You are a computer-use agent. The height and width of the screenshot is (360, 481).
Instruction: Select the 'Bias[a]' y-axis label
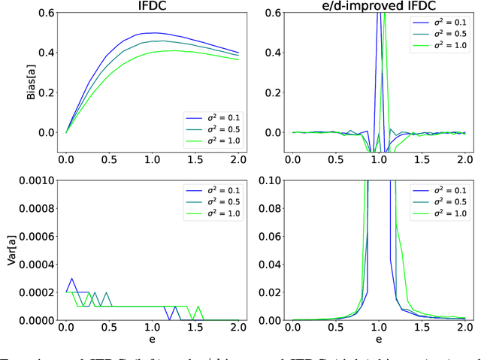12,80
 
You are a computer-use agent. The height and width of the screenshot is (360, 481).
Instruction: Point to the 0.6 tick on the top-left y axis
44,13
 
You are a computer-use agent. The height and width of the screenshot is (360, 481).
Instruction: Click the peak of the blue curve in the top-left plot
153,33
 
